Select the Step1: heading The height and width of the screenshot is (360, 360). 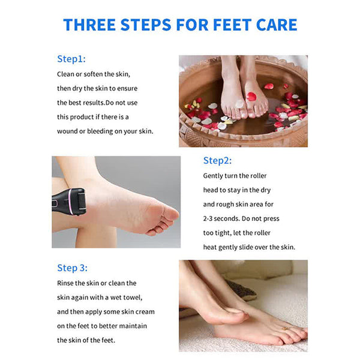[71, 59]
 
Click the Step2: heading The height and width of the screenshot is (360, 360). [217, 160]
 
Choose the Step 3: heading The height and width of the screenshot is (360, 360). [73, 268]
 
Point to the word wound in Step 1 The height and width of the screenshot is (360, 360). [70, 131]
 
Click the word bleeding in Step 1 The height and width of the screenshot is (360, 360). [104, 131]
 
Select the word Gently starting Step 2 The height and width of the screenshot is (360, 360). [214, 176]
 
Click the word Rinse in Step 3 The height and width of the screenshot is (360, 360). [67, 283]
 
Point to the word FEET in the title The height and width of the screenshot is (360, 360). [220, 25]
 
